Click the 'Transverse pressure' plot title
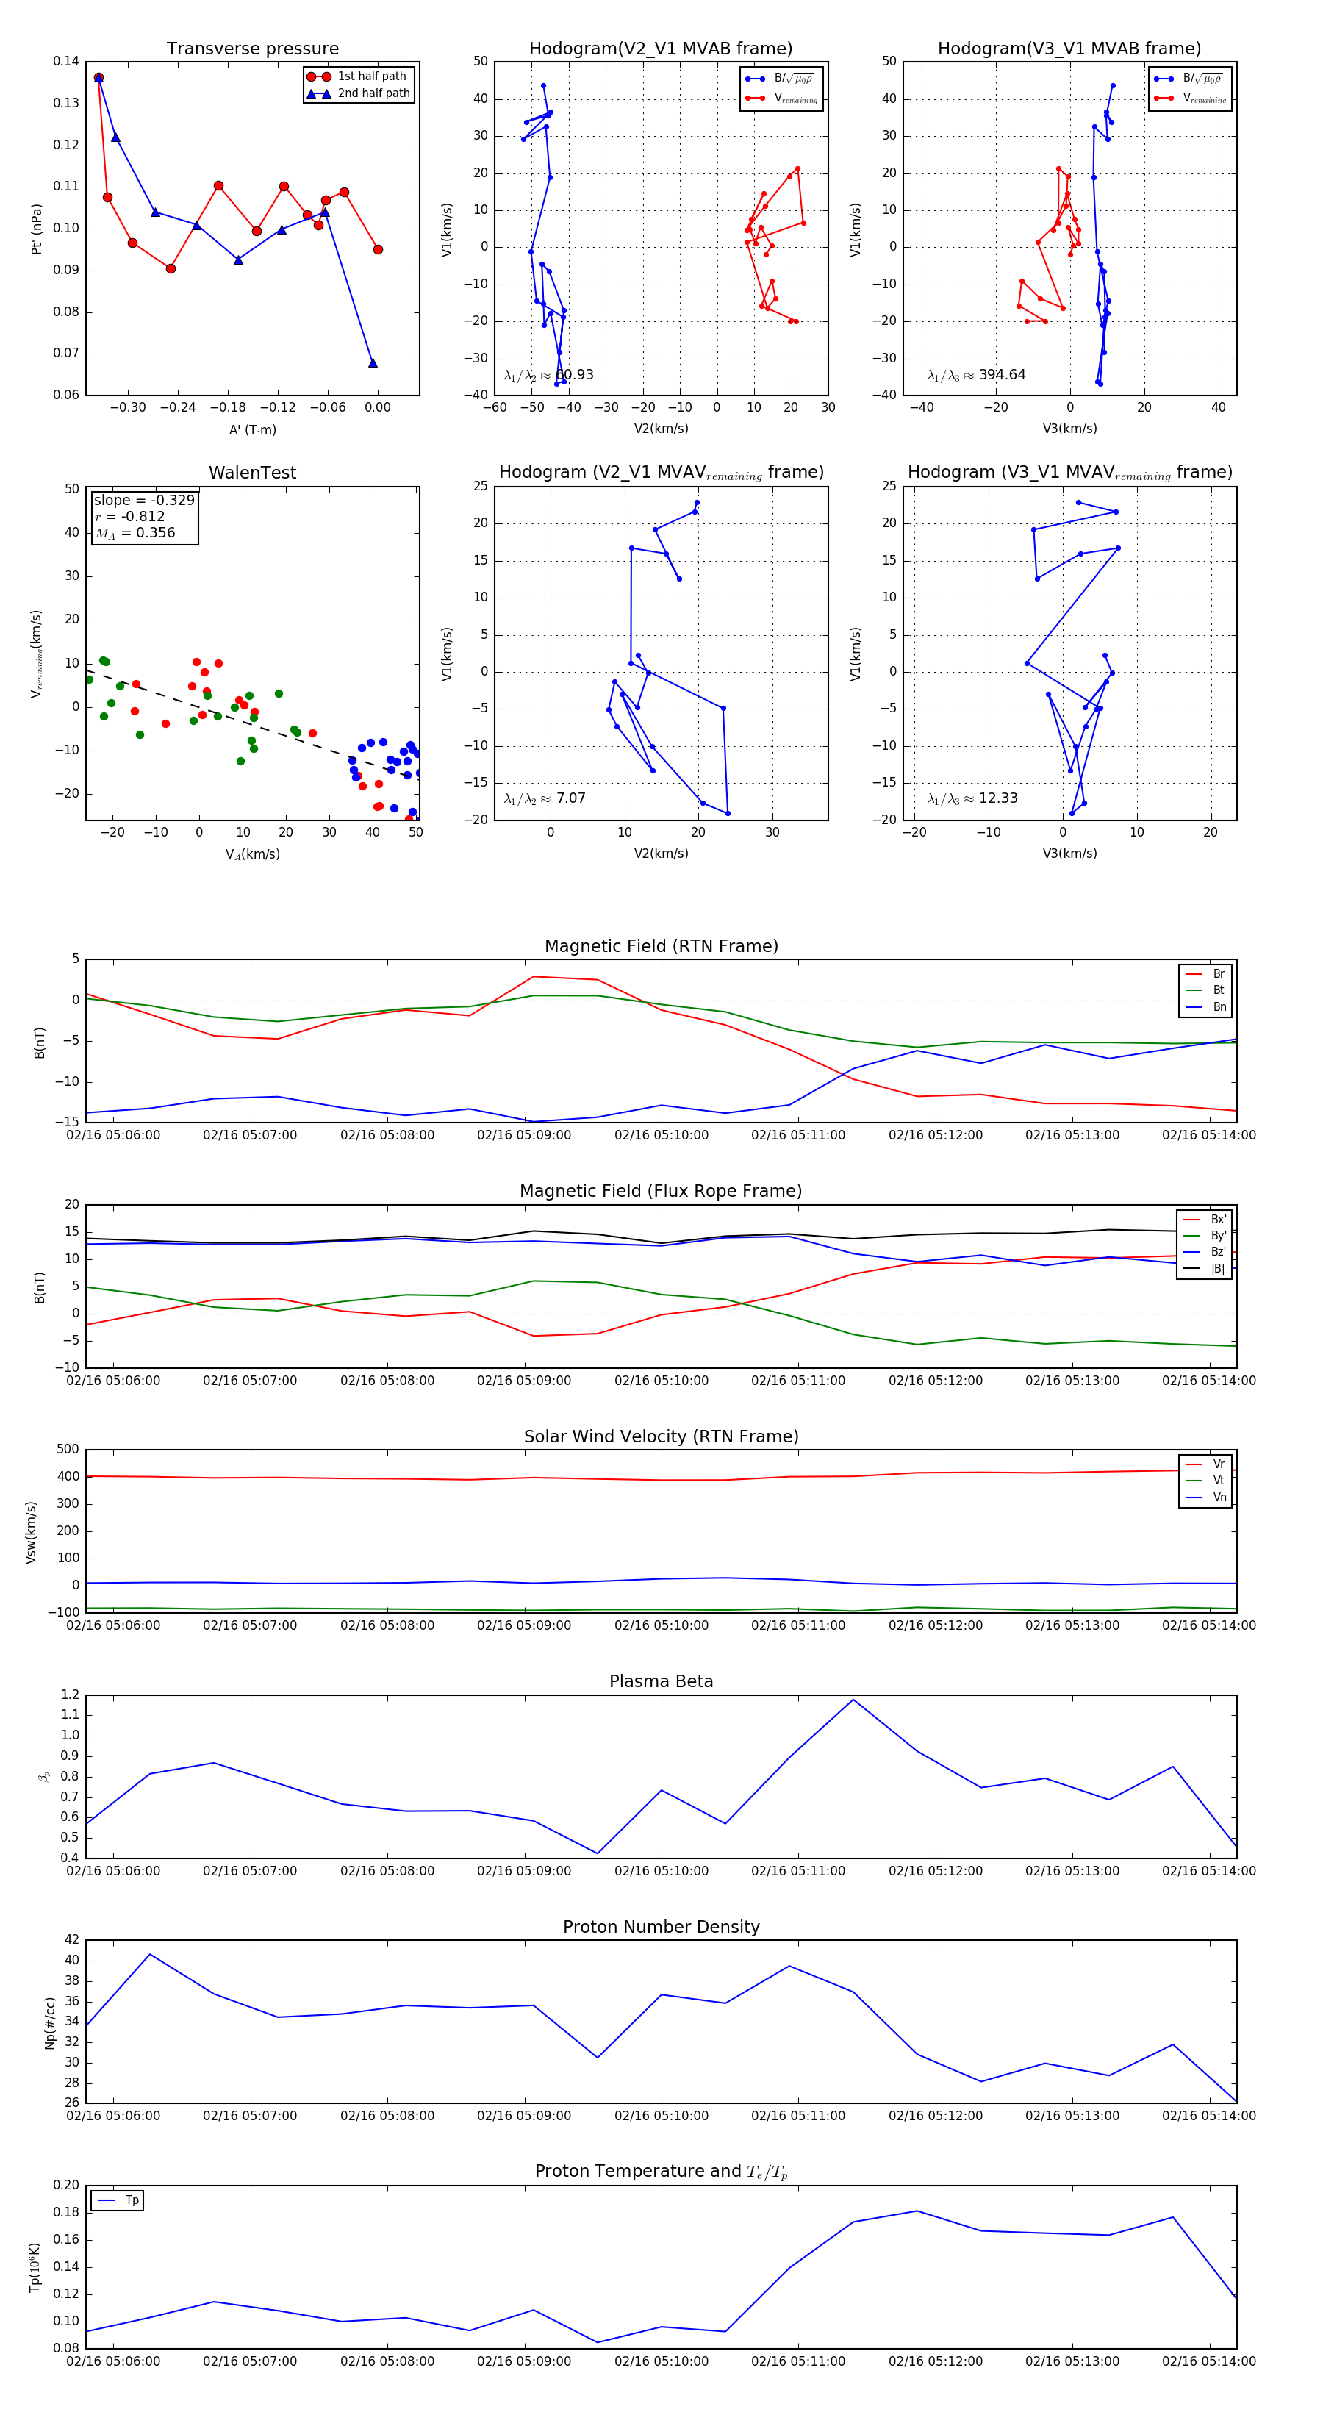click(252, 49)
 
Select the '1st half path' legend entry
click(371, 76)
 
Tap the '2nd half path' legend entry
click(373, 93)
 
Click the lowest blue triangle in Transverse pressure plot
click(373, 362)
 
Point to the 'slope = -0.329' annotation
click(144, 500)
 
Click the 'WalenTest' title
click(252, 473)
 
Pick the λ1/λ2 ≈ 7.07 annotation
click(545, 798)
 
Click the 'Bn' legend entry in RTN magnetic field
click(1219, 1006)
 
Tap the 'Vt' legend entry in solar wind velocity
click(1219, 1481)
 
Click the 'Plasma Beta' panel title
click(661, 1681)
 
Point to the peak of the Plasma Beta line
click(853, 1700)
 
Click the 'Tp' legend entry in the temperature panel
click(131, 2200)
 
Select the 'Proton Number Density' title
click(661, 1927)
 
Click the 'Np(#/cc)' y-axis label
click(50, 2023)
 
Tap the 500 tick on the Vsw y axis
click(68, 1450)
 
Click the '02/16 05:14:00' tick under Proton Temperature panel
click(1208, 2361)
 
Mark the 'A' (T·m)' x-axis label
click(252, 429)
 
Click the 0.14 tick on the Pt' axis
click(66, 61)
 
